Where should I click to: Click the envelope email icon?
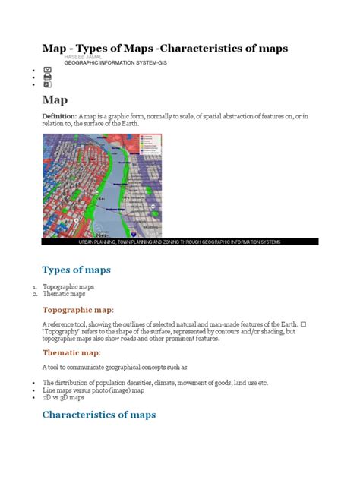(48, 68)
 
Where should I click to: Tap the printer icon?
(48, 77)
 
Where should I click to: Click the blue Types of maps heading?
(76, 270)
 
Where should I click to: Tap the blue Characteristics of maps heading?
(99, 415)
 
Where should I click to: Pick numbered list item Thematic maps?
(65, 294)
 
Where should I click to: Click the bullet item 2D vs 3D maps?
(63, 397)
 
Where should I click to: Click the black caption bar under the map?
(179, 242)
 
